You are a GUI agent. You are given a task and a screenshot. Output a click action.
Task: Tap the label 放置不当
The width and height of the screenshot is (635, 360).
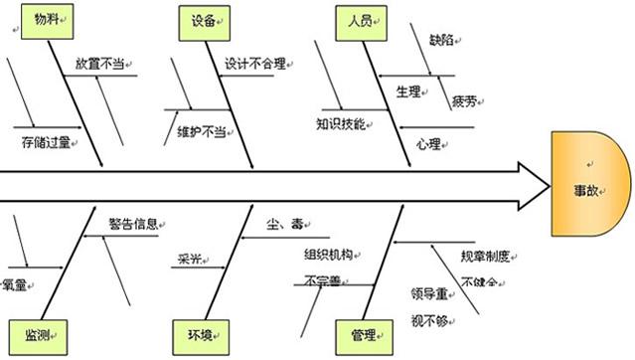pyautogui.click(x=100, y=63)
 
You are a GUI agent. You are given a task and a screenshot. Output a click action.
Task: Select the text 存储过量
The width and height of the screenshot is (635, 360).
pyautogui.click(x=45, y=143)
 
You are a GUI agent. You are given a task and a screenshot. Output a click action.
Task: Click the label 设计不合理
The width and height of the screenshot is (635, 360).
pyautogui.click(x=254, y=64)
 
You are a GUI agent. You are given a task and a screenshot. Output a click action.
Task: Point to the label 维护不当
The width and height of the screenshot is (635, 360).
pyautogui.click(x=200, y=130)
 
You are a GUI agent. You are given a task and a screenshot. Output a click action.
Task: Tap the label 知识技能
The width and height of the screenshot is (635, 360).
pyautogui.click(x=341, y=124)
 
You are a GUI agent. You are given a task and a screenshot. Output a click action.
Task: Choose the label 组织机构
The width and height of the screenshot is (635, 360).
pyautogui.click(x=328, y=254)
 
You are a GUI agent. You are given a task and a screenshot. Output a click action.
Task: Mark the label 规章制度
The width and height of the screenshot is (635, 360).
pyautogui.click(x=485, y=256)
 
